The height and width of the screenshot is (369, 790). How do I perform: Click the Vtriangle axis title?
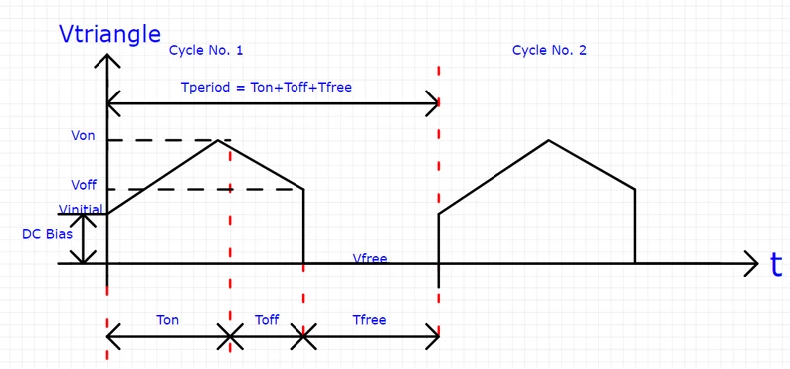coord(110,34)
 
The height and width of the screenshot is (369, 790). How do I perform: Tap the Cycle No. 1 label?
coord(206,50)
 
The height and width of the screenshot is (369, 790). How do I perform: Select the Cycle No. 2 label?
coord(549,50)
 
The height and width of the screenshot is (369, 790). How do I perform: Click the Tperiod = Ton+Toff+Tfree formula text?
coord(267,87)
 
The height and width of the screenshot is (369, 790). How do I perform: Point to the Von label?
coord(84,136)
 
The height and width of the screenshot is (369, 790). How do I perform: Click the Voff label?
coord(84,185)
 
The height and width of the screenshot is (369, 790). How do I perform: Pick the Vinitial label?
coord(81,209)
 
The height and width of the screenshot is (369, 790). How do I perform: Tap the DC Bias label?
coord(46,235)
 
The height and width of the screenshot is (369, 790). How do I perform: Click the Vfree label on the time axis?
coord(370,259)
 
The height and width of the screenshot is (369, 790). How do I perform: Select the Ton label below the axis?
coord(168,320)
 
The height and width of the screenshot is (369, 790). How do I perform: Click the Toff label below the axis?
coord(267,320)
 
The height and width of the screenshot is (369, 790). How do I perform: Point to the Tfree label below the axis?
coord(369,320)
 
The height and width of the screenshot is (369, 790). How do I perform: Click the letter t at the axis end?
coord(776,265)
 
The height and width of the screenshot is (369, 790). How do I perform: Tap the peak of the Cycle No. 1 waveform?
coord(218,140)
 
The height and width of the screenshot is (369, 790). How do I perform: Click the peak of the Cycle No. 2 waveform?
coord(548,140)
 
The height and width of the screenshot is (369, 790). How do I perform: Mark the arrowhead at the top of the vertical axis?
coord(106,58)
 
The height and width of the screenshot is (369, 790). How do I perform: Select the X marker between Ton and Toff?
coord(230,338)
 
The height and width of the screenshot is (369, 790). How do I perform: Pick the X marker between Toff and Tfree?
coord(304,338)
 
